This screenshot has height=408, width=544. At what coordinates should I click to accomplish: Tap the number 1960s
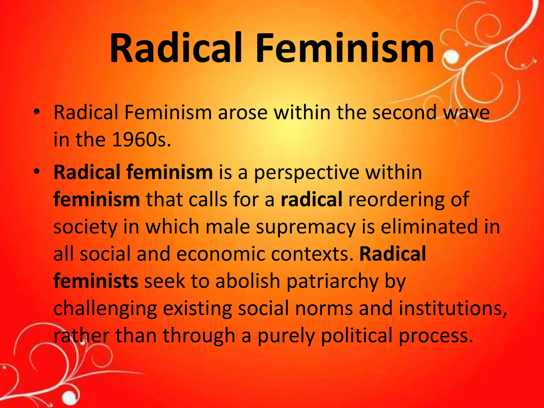(x=141, y=140)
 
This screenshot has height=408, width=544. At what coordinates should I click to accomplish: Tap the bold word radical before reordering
(x=311, y=199)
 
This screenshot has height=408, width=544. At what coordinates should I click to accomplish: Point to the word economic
(x=220, y=254)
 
